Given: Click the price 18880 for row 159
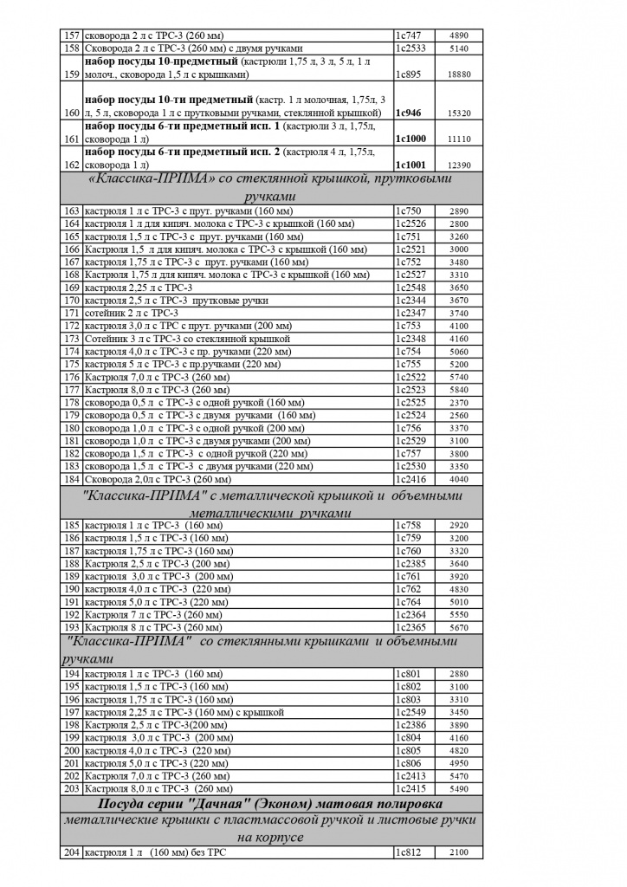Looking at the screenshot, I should coord(460,75).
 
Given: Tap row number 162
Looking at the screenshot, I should coord(71,164).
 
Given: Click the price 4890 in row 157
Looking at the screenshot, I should coord(460,36).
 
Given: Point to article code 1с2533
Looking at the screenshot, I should coord(411,49).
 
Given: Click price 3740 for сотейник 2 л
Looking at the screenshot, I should coord(460,313).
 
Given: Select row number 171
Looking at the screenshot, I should coord(71,313).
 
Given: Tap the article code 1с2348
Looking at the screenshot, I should coord(411,339).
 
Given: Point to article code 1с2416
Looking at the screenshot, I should coord(411,478).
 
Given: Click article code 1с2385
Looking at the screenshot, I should coord(411,564).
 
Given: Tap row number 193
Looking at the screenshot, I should coord(71,627).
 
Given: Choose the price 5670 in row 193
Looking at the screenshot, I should coord(460,627).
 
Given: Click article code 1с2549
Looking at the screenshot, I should coord(411,712).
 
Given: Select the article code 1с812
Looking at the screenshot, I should coord(408,854).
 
